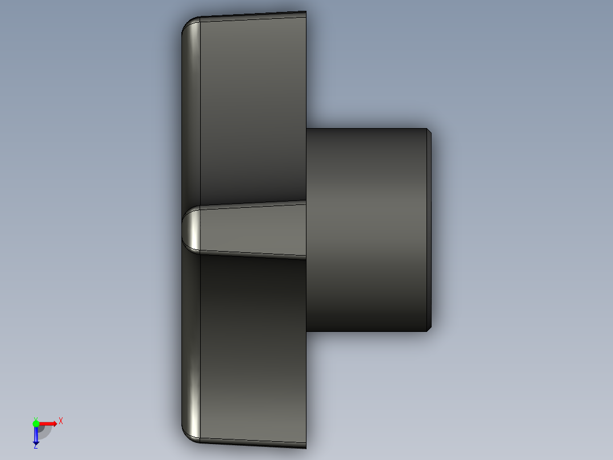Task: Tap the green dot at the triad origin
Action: click(x=36, y=423)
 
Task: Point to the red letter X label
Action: click(x=61, y=421)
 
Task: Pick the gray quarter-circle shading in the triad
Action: click(x=44, y=431)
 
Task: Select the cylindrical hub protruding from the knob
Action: click(x=367, y=229)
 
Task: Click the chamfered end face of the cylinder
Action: click(x=429, y=229)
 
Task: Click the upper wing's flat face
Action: click(x=253, y=108)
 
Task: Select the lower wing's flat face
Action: click(x=253, y=347)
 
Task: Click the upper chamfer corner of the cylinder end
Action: click(x=429, y=132)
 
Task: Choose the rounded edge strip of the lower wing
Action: click(x=192, y=347)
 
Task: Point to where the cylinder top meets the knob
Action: click(x=307, y=128)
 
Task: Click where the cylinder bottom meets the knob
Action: click(x=307, y=331)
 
